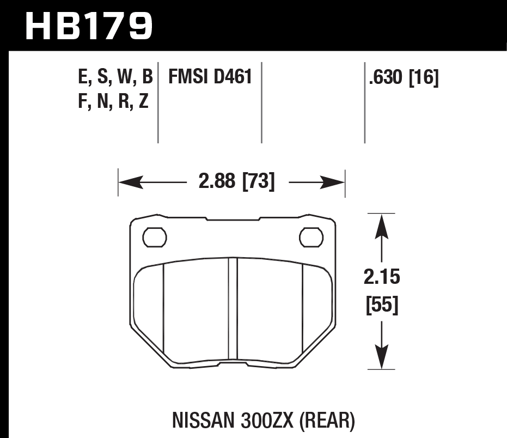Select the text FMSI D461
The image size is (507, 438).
[210, 77]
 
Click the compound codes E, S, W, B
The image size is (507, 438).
[115, 77]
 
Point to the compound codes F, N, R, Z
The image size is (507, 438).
[113, 101]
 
